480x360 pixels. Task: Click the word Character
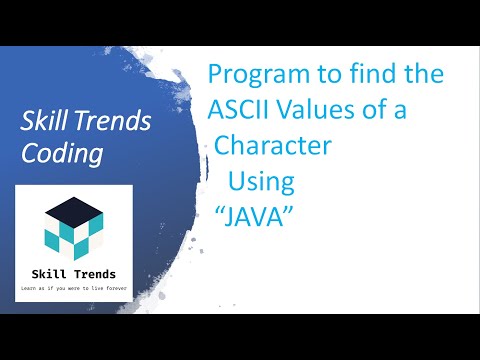(x=274, y=147)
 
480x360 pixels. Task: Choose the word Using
(x=262, y=183)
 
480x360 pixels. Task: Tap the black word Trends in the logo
(x=95, y=273)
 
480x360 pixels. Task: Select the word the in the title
(x=420, y=75)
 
